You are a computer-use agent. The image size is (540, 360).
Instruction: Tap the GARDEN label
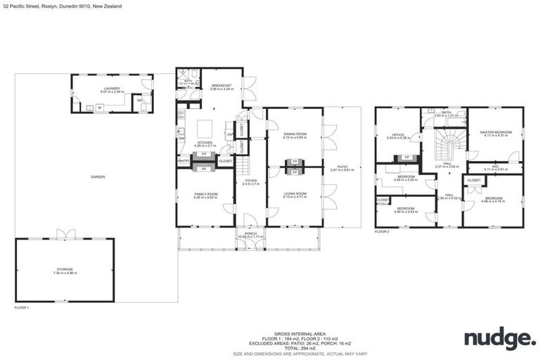[x=98, y=176]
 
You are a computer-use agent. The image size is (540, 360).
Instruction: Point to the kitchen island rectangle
[x=205, y=129]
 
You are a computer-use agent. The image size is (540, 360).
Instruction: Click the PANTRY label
[x=184, y=161]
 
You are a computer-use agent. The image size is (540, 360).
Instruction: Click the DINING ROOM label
[x=295, y=136]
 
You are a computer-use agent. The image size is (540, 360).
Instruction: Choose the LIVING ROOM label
[x=295, y=195]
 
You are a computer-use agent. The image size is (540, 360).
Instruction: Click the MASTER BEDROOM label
[x=495, y=133]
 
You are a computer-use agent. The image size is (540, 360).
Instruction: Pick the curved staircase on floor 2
[x=445, y=147]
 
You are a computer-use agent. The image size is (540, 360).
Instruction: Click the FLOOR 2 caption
[x=382, y=231]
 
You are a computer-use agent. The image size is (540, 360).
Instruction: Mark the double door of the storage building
[x=65, y=234]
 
